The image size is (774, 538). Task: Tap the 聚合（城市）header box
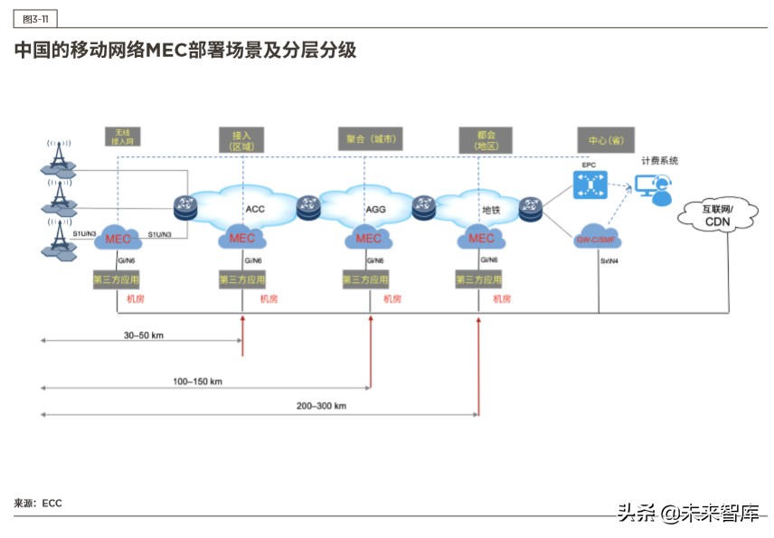pyautogui.click(x=369, y=139)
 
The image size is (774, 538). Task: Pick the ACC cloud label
pyautogui.click(x=255, y=209)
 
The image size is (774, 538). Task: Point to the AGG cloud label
pyautogui.click(x=375, y=209)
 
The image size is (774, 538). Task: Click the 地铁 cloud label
pyautogui.click(x=491, y=210)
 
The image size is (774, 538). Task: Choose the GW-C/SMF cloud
pyautogui.click(x=596, y=240)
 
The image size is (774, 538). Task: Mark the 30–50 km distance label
pyautogui.click(x=143, y=335)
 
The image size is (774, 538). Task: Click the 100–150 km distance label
pyautogui.click(x=197, y=382)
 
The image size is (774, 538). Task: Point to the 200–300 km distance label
pyautogui.click(x=321, y=406)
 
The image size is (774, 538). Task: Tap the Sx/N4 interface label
pyautogui.click(x=612, y=261)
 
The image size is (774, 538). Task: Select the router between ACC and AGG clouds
pyautogui.click(x=309, y=205)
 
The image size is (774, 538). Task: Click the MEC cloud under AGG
pyautogui.click(x=368, y=239)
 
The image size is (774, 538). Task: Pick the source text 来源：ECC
pyautogui.click(x=38, y=503)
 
